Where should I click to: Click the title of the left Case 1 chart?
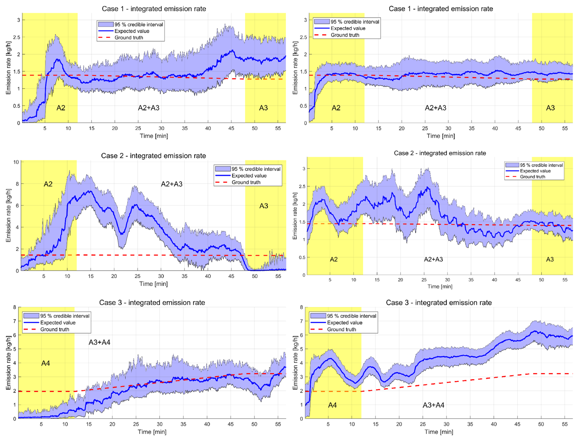(154, 9)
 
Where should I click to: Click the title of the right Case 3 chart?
(439, 303)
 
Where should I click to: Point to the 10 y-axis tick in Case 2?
(16, 162)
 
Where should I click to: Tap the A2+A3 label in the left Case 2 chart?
(171, 184)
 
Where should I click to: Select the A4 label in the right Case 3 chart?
(332, 405)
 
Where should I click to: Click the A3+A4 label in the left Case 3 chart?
(99, 342)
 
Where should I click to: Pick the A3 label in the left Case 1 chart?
(263, 108)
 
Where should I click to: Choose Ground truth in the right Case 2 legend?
(532, 177)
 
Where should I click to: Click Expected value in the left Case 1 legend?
(132, 31)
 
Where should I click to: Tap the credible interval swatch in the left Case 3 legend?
(31, 316)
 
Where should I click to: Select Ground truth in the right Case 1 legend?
(345, 35)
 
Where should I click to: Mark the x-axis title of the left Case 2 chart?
(153, 284)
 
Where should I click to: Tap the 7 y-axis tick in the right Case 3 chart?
(301, 321)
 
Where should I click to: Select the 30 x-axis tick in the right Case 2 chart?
(447, 280)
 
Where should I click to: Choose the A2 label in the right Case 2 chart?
(334, 259)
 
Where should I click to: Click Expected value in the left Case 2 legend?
(249, 175)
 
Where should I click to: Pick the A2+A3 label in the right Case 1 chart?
(435, 108)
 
